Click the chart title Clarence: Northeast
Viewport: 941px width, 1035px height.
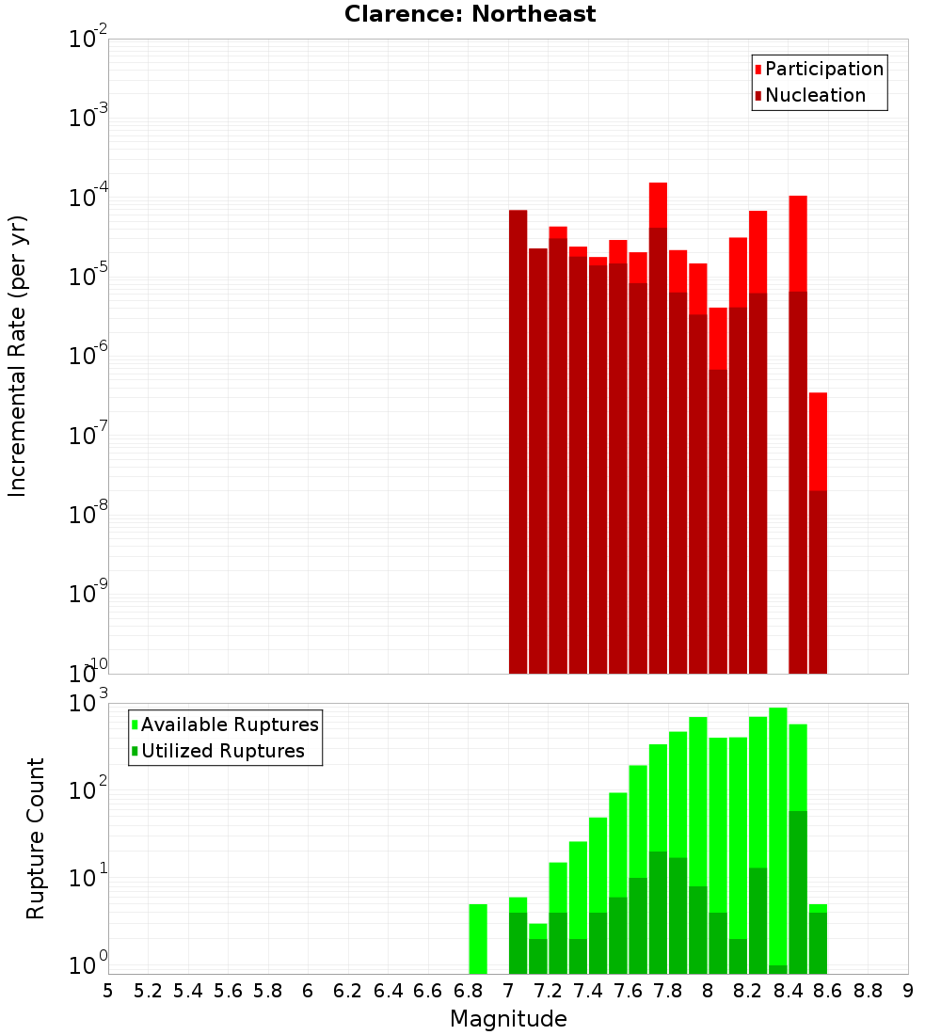click(470, 14)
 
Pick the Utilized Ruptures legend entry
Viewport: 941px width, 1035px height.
click(222, 752)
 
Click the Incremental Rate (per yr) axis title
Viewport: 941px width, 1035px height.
click(17, 356)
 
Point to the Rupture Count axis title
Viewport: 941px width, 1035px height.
click(36, 838)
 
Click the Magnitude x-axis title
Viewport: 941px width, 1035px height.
click(508, 1019)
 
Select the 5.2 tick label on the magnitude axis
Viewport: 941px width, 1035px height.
click(148, 991)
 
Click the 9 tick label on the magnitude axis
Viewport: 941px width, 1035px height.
click(907, 991)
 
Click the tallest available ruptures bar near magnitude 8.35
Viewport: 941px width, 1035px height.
click(778, 828)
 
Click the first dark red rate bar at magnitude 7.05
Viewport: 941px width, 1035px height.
click(518, 442)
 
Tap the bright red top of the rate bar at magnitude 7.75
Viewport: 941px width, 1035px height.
click(658, 204)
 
